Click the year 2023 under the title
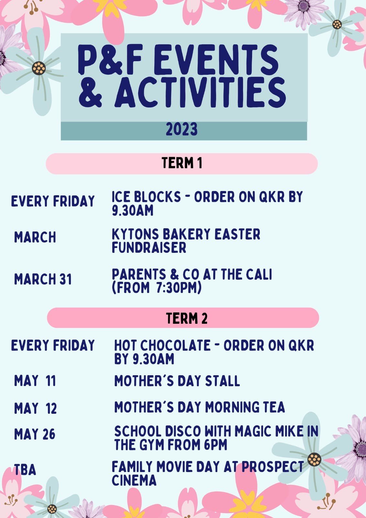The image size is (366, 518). pyautogui.click(x=182, y=129)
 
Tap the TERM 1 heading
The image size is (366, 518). pyautogui.click(x=182, y=163)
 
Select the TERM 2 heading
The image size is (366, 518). pyautogui.click(x=187, y=318)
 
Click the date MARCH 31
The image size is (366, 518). pyautogui.click(x=43, y=279)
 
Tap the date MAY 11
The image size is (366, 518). pyautogui.click(x=35, y=381)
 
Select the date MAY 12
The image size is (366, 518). pyautogui.click(x=35, y=408)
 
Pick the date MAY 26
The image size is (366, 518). pyautogui.click(x=35, y=434)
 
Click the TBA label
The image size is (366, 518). pyautogui.click(x=25, y=470)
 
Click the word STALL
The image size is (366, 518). pyautogui.click(x=222, y=381)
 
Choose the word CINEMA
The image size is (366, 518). pyautogui.click(x=134, y=480)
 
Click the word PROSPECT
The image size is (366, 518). pyautogui.click(x=272, y=467)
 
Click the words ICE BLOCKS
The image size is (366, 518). pyautogui.click(x=146, y=197)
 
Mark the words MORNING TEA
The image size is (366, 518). pyautogui.click(x=245, y=407)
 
